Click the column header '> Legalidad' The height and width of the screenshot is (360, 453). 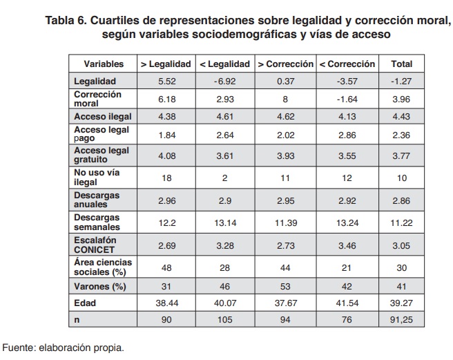(166, 64)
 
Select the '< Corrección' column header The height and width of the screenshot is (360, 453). (347, 64)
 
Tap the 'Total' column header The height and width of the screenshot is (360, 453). (402, 64)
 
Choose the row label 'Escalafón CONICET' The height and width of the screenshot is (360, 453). (97, 247)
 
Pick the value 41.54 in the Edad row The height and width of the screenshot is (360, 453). (347, 303)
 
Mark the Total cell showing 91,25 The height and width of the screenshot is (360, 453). (402, 319)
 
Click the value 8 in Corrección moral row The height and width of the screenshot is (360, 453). (285, 98)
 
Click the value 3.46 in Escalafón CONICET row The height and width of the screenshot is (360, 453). (347, 247)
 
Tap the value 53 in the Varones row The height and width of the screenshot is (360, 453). (285, 286)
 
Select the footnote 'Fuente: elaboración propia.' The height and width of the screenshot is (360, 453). (64, 347)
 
